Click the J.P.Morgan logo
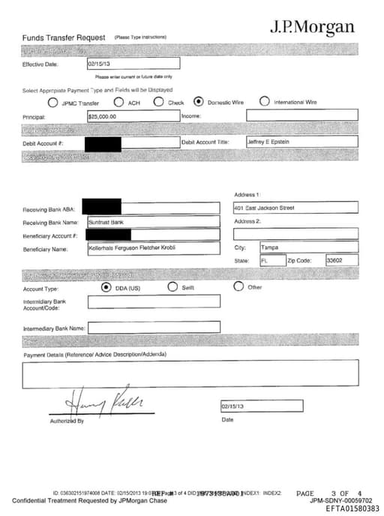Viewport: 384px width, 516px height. pyautogui.click(x=311, y=28)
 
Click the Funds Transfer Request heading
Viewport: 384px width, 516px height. pyautogui.click(x=64, y=37)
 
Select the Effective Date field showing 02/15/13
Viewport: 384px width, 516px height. pyautogui.click(x=133, y=64)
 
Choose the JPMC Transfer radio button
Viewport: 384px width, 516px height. pyautogui.click(x=53, y=103)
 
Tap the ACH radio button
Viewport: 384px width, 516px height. pyautogui.click(x=119, y=103)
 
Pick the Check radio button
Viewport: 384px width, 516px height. pyautogui.click(x=159, y=102)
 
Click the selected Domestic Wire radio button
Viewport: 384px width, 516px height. pyautogui.click(x=198, y=102)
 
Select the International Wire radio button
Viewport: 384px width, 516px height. pyautogui.click(x=265, y=102)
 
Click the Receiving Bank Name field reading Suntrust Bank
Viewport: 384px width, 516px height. pyautogui.click(x=153, y=221)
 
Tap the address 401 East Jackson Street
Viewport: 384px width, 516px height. pyautogui.click(x=295, y=207)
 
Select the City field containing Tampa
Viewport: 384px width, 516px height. pyautogui.click(x=307, y=246)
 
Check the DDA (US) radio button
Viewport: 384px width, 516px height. pyautogui.click(x=106, y=286)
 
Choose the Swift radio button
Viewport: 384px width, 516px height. pyautogui.click(x=172, y=286)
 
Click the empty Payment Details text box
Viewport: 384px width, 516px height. pyautogui.click(x=190, y=373)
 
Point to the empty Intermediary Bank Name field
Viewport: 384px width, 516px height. pyautogui.click(x=154, y=327)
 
